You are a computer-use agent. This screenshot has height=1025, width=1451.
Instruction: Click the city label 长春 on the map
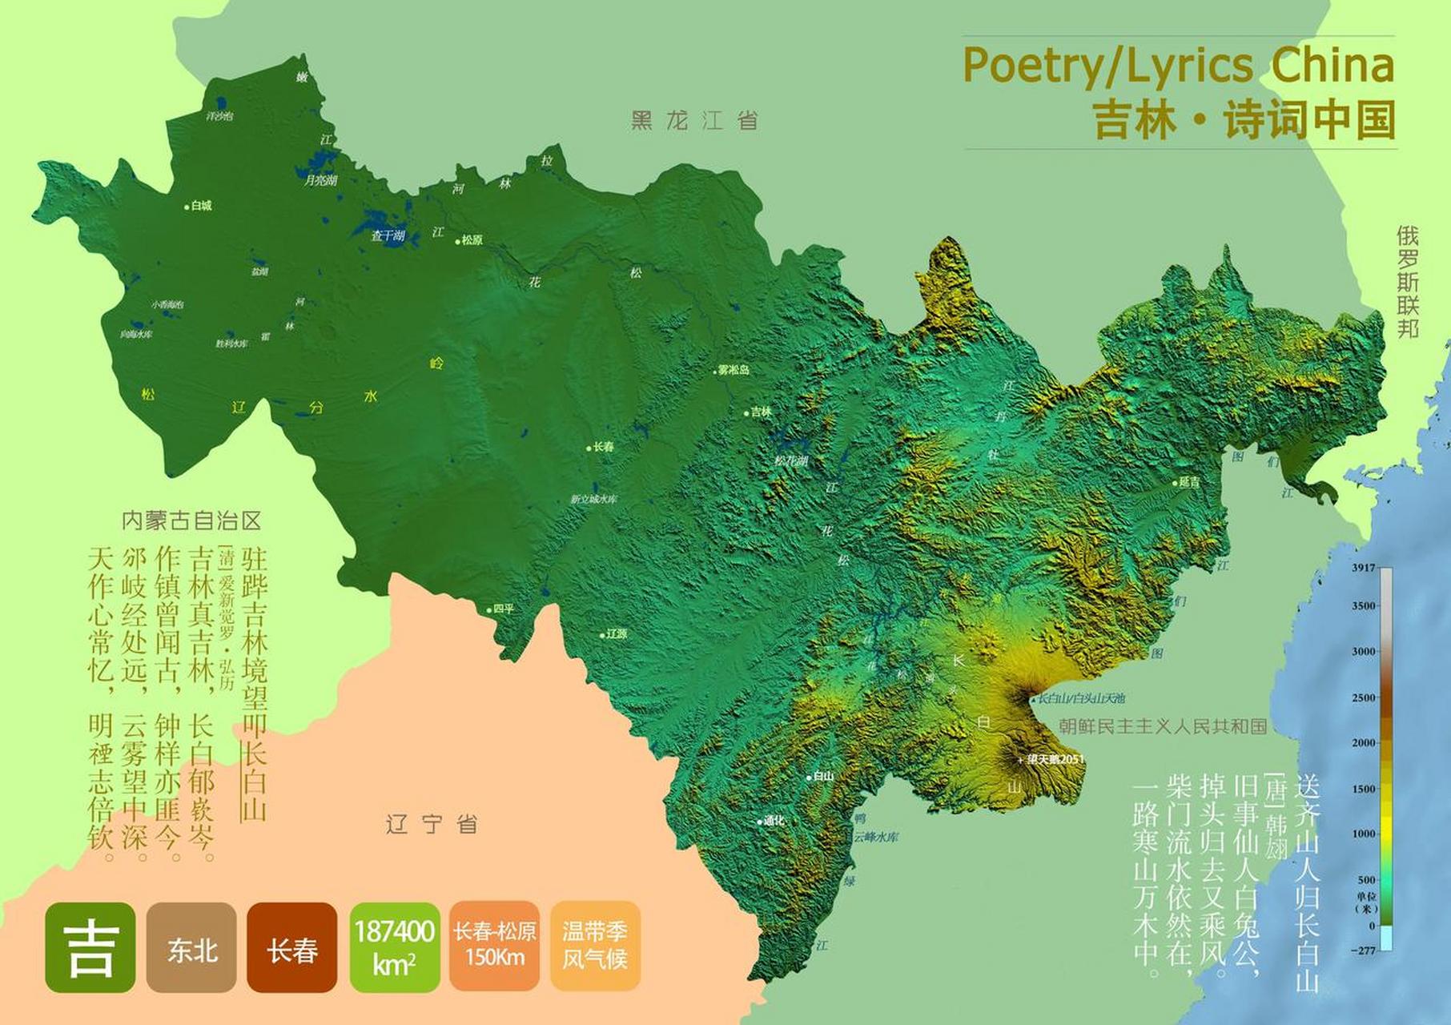click(603, 447)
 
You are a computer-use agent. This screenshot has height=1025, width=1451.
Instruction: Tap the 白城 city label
click(201, 206)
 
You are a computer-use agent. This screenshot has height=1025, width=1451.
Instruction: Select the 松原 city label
click(472, 239)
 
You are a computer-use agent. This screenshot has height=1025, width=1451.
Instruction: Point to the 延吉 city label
click(1189, 482)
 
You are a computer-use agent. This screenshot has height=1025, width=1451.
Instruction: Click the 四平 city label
click(503, 609)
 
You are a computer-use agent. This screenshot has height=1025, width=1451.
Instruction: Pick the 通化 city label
click(773, 821)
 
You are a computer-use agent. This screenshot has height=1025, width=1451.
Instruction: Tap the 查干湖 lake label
click(388, 235)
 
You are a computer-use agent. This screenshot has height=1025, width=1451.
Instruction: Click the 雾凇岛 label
click(733, 370)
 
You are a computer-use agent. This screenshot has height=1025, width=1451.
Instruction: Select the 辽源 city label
click(616, 633)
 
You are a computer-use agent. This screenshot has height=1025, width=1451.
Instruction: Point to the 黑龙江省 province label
click(694, 121)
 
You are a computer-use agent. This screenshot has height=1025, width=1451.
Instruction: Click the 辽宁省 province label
click(432, 823)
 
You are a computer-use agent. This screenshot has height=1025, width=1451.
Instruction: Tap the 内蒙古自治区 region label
click(191, 521)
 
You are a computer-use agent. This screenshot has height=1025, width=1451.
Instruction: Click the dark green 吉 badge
click(90, 947)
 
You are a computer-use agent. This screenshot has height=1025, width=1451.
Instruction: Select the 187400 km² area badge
click(394, 947)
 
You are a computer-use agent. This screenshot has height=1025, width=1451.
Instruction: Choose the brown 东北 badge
click(191, 947)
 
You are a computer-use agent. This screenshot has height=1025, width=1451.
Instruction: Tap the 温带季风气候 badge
click(594, 946)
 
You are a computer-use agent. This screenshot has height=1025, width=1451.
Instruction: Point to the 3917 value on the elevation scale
click(1363, 568)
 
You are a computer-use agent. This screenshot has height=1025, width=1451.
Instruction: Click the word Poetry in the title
click(1030, 65)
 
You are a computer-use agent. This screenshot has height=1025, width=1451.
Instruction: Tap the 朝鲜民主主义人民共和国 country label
click(1163, 726)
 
